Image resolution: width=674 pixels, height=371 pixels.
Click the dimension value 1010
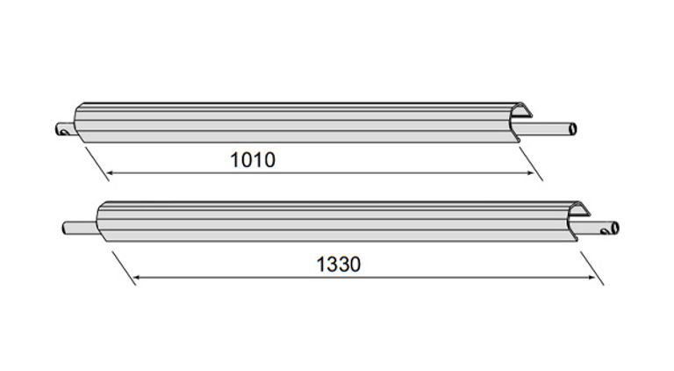(253, 160)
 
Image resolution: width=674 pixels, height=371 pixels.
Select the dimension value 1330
(339, 265)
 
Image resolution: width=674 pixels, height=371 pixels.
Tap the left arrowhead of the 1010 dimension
(110, 173)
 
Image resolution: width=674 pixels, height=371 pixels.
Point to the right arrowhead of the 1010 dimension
(530, 173)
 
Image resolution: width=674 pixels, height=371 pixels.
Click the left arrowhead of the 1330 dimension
(137, 278)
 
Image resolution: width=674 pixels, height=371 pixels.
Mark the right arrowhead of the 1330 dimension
(592, 278)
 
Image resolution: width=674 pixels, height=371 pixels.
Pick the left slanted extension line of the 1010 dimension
(97, 164)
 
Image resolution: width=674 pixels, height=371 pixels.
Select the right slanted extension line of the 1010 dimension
(531, 164)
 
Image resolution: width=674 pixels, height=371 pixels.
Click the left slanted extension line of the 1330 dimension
(125, 268)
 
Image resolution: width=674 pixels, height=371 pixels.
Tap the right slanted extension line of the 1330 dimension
(592, 268)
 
